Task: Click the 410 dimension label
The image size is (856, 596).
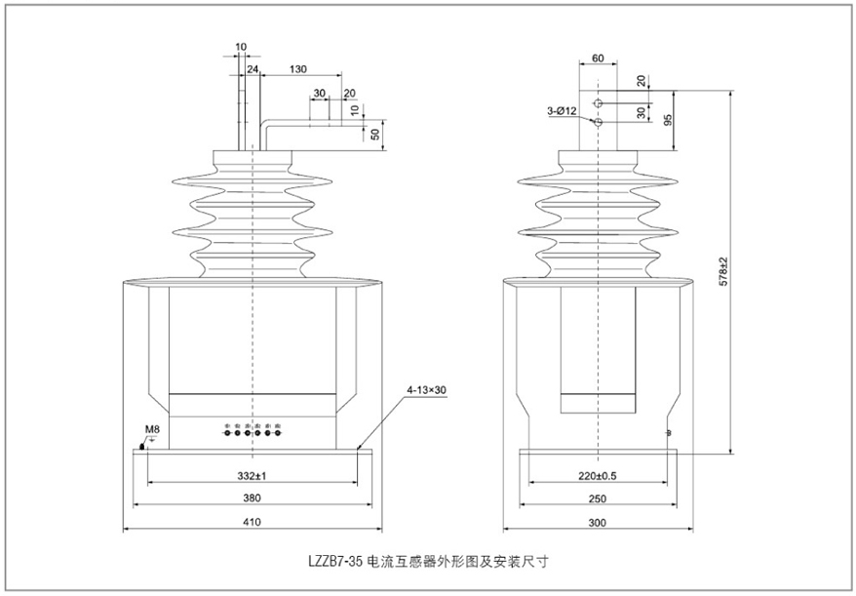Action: point(252,523)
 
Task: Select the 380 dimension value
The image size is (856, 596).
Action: point(252,497)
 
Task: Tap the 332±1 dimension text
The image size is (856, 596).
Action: point(252,475)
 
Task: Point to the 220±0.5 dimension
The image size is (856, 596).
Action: point(598,475)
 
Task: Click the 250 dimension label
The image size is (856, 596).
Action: point(598,497)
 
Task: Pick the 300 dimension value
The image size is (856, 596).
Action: point(598,523)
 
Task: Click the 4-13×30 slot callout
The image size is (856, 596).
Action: point(425,390)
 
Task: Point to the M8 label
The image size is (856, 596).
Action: point(151,428)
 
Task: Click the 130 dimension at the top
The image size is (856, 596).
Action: point(298,70)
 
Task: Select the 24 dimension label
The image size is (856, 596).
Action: point(253,70)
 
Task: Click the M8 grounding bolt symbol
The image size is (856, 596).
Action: point(143,446)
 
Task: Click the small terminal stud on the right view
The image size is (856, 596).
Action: point(668,432)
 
